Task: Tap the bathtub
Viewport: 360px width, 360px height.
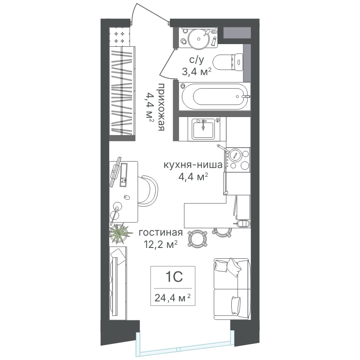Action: click(216, 96)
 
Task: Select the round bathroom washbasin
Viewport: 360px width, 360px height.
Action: click(198, 38)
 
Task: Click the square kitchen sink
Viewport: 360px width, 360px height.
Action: click(203, 129)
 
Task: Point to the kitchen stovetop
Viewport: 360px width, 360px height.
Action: click(238, 159)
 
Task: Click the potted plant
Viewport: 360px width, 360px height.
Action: click(119, 234)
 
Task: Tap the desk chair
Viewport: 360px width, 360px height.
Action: click(148, 189)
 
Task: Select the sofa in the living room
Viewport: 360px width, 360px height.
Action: click(231, 289)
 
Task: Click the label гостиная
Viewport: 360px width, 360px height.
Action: click(161, 233)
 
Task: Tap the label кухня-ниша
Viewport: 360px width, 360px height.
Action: click(193, 165)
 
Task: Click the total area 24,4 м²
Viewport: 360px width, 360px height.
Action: click(173, 298)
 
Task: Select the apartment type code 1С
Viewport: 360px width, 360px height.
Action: click(174, 277)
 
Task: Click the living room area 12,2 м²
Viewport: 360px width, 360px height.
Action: click(161, 244)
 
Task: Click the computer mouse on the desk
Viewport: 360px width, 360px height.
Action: click(126, 197)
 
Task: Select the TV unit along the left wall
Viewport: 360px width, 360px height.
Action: click(118, 283)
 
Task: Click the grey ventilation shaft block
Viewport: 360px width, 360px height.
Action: click(237, 32)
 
